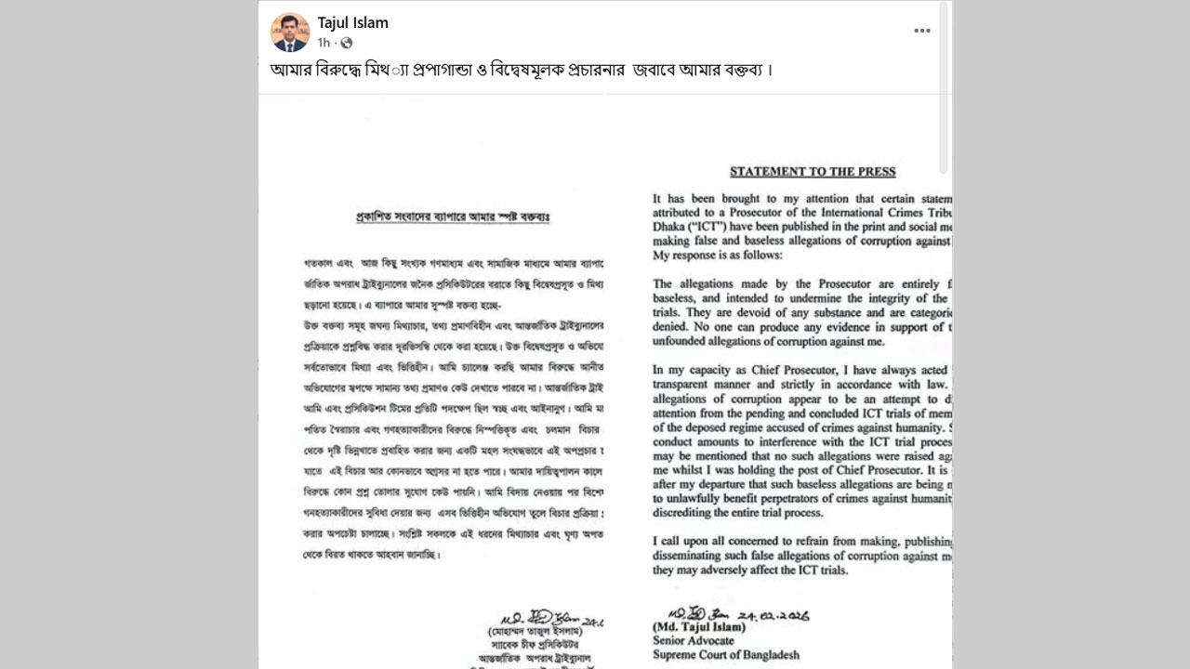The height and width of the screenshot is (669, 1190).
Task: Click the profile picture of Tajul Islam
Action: coord(290,33)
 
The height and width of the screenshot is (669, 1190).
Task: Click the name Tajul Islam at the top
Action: coord(353,22)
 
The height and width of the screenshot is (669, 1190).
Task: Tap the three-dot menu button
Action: coord(921,31)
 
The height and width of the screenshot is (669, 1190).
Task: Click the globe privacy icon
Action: coord(347,43)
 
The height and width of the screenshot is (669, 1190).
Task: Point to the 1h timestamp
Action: coord(324,43)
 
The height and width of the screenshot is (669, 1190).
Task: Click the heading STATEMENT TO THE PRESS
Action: coord(813,171)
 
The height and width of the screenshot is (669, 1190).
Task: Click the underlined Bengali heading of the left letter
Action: coord(454,216)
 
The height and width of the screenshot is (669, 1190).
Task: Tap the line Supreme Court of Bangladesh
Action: coord(726,655)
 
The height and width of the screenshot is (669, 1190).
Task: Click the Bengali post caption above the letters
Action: coord(522,71)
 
